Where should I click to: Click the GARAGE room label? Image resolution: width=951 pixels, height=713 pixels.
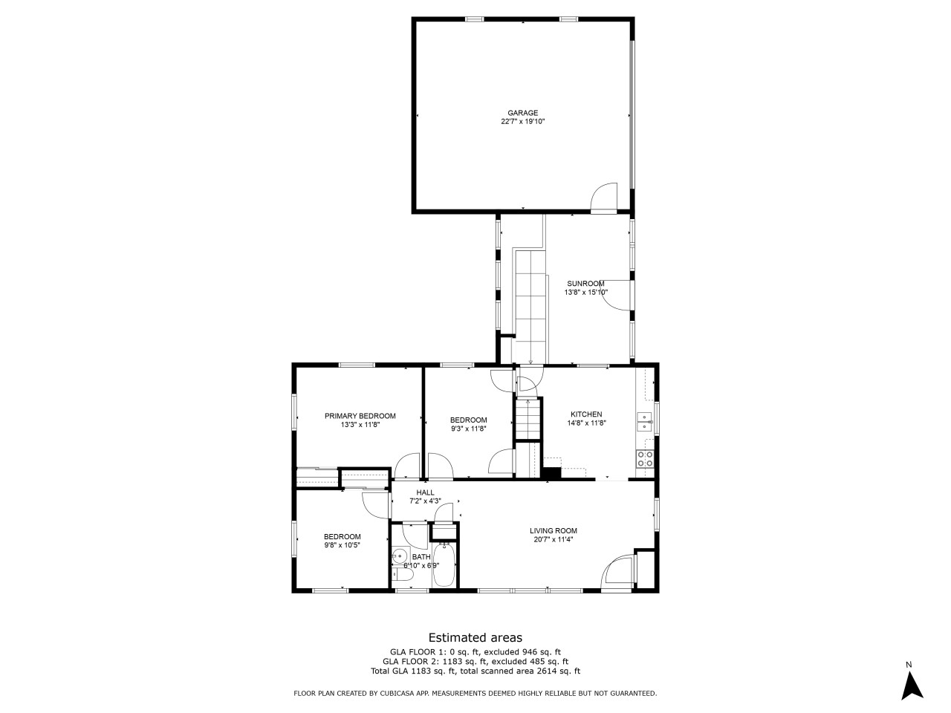[522, 113]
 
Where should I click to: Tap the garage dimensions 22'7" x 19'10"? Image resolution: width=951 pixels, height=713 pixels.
[522, 122]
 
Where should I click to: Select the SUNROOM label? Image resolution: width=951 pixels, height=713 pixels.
[585, 284]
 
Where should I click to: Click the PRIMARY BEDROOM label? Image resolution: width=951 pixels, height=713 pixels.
[360, 416]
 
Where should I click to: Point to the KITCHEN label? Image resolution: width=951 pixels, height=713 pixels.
[586, 414]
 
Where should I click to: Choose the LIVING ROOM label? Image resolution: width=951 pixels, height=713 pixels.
[554, 531]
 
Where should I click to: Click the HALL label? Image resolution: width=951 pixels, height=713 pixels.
[425, 492]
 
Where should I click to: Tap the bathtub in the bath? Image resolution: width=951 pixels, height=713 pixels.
[444, 565]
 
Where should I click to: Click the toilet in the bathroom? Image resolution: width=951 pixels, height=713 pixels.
[402, 574]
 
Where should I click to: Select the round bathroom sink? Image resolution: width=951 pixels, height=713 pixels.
[400, 555]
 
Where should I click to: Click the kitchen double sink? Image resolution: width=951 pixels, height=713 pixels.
[644, 422]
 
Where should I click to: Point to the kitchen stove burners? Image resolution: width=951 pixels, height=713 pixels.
[645, 459]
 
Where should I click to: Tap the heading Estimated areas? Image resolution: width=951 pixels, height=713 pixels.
[475, 638]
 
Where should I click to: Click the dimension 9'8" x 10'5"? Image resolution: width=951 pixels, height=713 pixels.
[343, 545]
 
